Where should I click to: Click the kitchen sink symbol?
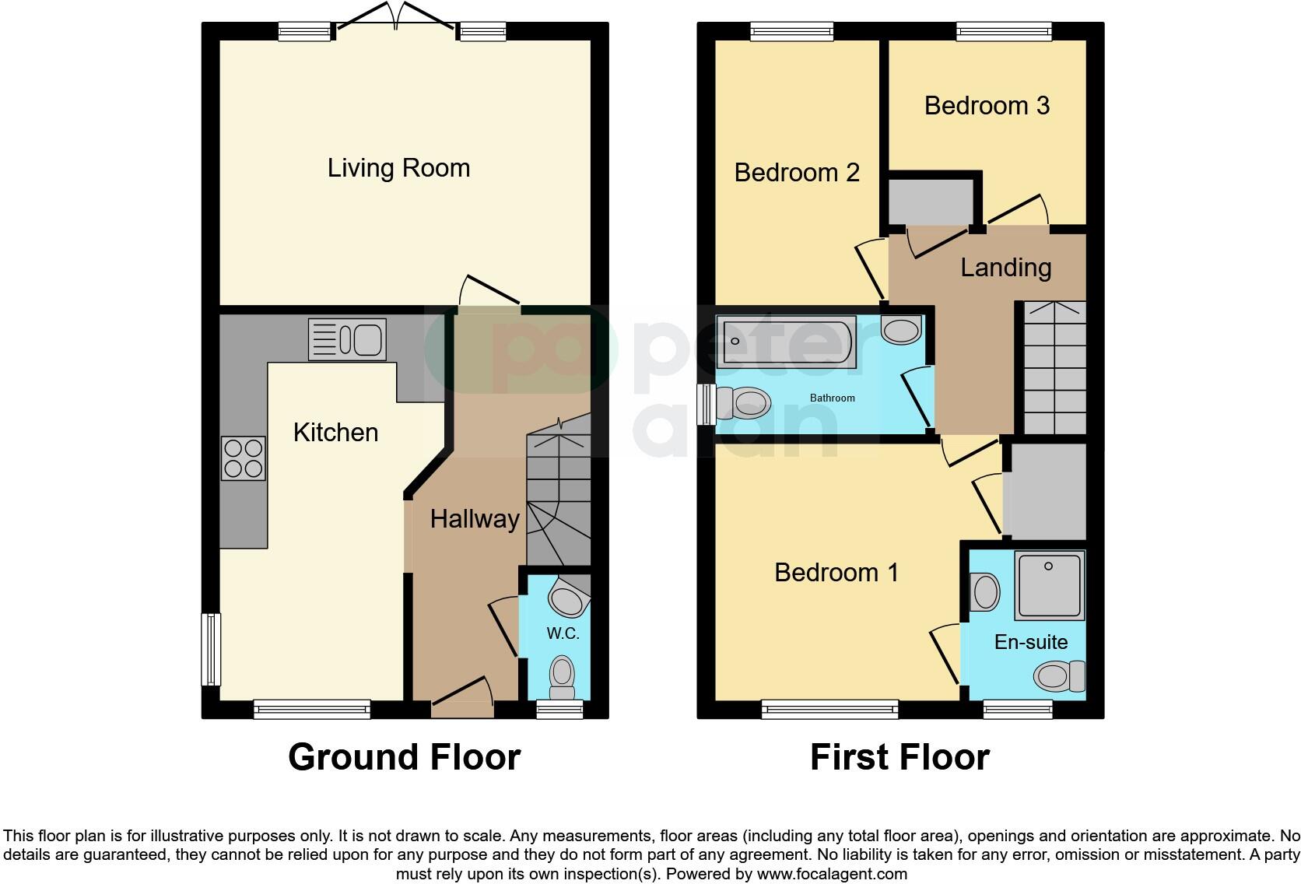(347, 340)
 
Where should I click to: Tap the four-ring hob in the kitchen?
(244, 458)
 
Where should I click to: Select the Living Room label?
(398, 168)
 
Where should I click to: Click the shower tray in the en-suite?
(1049, 585)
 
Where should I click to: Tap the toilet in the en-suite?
(1060, 675)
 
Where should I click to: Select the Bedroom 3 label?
(987, 105)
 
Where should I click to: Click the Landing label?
(1005, 267)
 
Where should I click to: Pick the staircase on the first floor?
(1054, 367)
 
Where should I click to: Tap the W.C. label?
(563, 633)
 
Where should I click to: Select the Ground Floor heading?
(404, 757)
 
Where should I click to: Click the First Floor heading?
(899, 757)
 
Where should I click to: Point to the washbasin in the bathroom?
(901, 330)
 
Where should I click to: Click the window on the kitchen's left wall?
(210, 650)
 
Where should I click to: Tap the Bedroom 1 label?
(836, 573)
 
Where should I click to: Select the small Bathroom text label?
(832, 398)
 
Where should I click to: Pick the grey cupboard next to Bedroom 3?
(931, 201)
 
